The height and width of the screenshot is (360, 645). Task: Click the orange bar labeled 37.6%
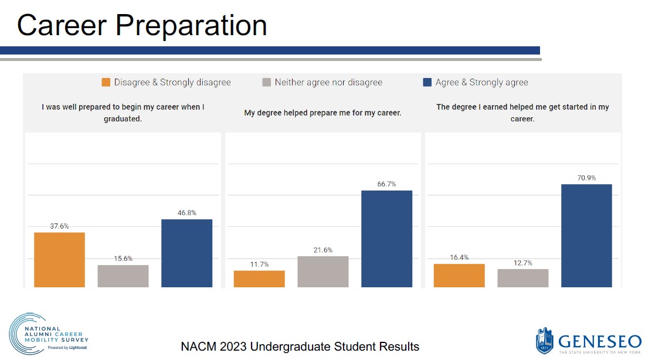59,260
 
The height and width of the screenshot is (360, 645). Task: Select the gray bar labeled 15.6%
123,276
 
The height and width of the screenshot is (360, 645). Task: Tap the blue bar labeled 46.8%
186,253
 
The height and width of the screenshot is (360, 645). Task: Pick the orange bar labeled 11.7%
259,279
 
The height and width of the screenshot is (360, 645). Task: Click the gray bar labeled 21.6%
322,272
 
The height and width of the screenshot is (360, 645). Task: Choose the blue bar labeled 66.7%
386,239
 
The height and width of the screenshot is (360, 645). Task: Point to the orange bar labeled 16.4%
459,276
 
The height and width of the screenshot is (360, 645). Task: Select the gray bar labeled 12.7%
522,278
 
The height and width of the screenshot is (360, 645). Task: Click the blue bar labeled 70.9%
586,236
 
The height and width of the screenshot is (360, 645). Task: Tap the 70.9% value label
586,178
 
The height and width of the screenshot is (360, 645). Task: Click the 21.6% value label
322,250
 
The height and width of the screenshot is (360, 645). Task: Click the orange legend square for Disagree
106,83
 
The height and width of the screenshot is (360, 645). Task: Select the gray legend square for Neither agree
266,83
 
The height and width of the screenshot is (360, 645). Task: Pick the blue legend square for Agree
427,83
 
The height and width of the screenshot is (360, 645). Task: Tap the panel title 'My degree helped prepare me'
322,113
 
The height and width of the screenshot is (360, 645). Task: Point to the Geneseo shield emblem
544,341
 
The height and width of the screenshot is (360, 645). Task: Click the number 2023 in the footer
234,347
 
